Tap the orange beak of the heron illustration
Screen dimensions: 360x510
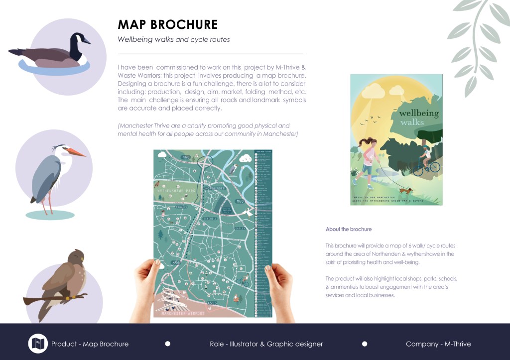(x=77, y=151)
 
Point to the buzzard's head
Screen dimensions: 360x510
(x=77, y=257)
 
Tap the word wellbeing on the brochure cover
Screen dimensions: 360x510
(x=418, y=113)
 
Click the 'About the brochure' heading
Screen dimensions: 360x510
(x=349, y=229)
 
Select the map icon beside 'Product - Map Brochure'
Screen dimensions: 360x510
(x=38, y=344)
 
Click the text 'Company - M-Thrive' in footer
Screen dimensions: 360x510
(x=438, y=344)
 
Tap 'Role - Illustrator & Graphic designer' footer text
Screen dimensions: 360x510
(x=266, y=344)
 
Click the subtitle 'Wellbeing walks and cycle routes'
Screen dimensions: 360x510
(x=173, y=39)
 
